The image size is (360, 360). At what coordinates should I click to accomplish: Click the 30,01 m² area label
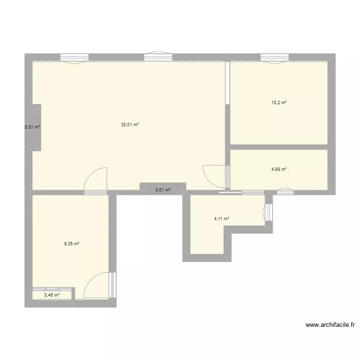click(130, 125)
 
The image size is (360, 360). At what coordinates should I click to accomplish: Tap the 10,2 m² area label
click(279, 102)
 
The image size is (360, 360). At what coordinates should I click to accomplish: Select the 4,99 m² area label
click(279, 169)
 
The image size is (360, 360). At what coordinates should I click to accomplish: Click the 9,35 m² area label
click(72, 244)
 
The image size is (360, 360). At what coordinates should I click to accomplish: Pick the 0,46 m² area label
click(52, 295)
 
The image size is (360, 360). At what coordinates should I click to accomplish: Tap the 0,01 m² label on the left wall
click(33, 127)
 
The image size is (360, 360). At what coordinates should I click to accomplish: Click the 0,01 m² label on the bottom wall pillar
click(163, 190)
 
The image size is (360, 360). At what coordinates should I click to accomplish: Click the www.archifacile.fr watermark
click(330, 325)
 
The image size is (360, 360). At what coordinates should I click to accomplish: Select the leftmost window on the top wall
click(74, 58)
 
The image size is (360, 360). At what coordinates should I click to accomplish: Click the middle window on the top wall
click(158, 58)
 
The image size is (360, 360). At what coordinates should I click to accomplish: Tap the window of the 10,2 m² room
click(275, 58)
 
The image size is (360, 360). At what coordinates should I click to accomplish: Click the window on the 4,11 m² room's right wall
click(269, 212)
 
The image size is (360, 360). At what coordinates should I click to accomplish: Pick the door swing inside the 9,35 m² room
click(96, 286)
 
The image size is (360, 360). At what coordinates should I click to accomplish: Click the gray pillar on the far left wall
click(36, 127)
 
